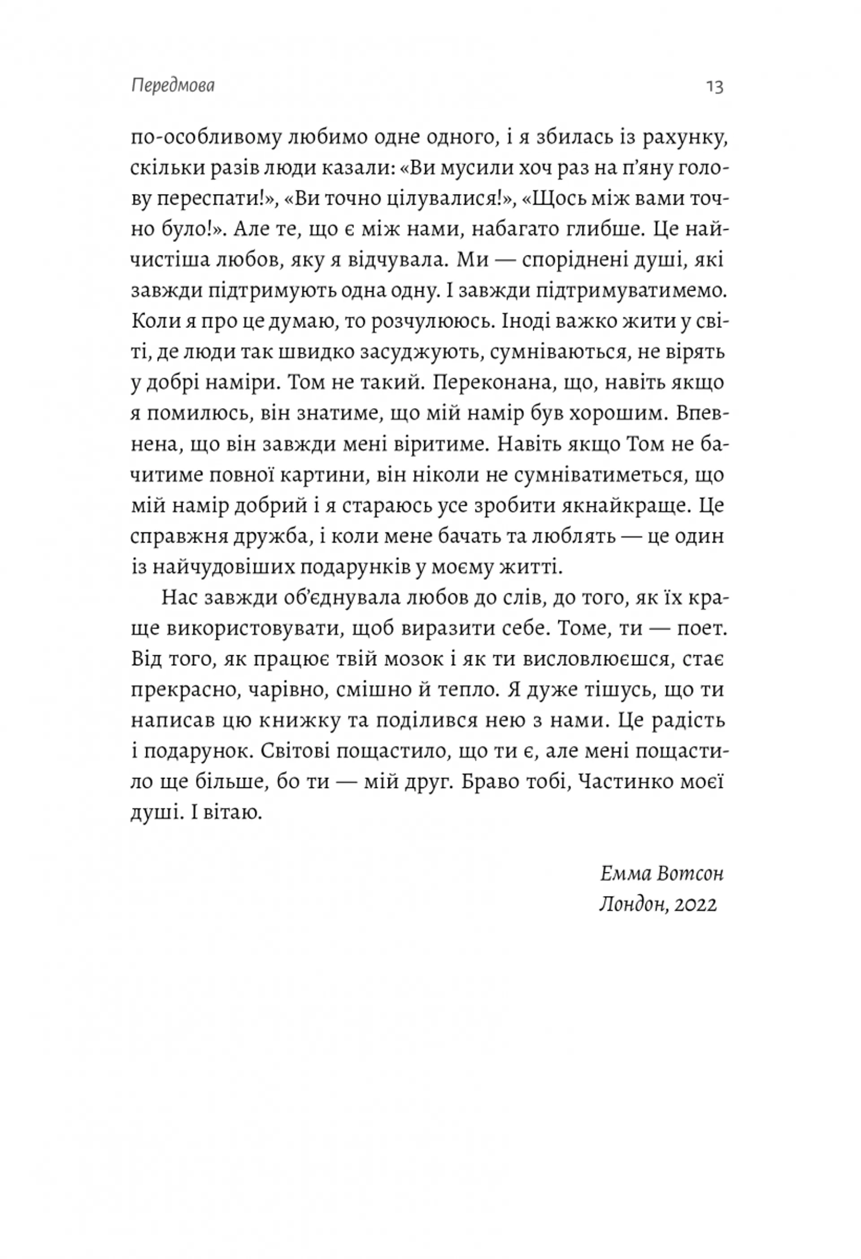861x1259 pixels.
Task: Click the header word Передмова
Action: tap(173, 86)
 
